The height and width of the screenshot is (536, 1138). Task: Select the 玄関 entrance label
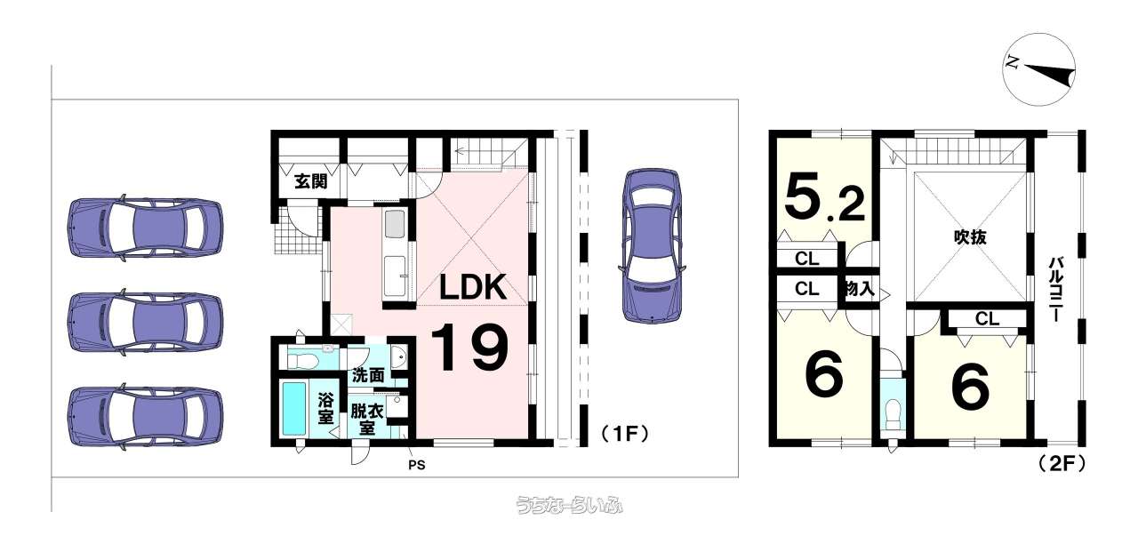point(311,182)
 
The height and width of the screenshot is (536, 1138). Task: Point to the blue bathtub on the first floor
point(293,408)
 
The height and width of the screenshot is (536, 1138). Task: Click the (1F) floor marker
point(621,434)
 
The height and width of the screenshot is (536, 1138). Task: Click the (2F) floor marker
point(1061,462)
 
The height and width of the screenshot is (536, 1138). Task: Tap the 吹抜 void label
point(972,237)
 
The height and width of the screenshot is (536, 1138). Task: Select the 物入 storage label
point(859,289)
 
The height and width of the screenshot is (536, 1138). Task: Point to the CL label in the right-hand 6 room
point(987,318)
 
